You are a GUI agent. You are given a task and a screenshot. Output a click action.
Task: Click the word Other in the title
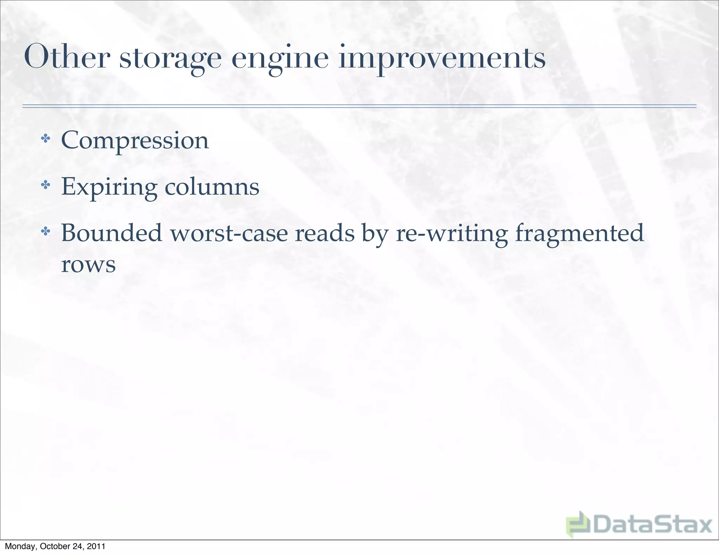coord(67,57)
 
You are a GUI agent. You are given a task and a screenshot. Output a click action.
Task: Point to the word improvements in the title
coord(442,58)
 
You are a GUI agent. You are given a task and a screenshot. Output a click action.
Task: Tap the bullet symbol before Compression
coord(45,138)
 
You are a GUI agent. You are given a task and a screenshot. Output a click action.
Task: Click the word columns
coord(212,187)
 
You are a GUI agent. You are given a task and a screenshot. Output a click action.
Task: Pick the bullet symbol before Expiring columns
coord(45,185)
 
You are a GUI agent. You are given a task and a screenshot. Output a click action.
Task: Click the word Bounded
coord(112,233)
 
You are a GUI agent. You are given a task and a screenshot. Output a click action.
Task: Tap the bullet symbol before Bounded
coord(45,231)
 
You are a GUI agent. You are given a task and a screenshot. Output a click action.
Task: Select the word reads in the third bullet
coord(324,233)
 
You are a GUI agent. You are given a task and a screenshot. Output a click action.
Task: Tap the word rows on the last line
coord(88,264)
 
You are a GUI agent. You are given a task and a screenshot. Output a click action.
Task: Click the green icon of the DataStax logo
coord(577,524)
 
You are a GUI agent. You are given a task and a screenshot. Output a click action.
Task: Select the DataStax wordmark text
coord(652,525)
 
